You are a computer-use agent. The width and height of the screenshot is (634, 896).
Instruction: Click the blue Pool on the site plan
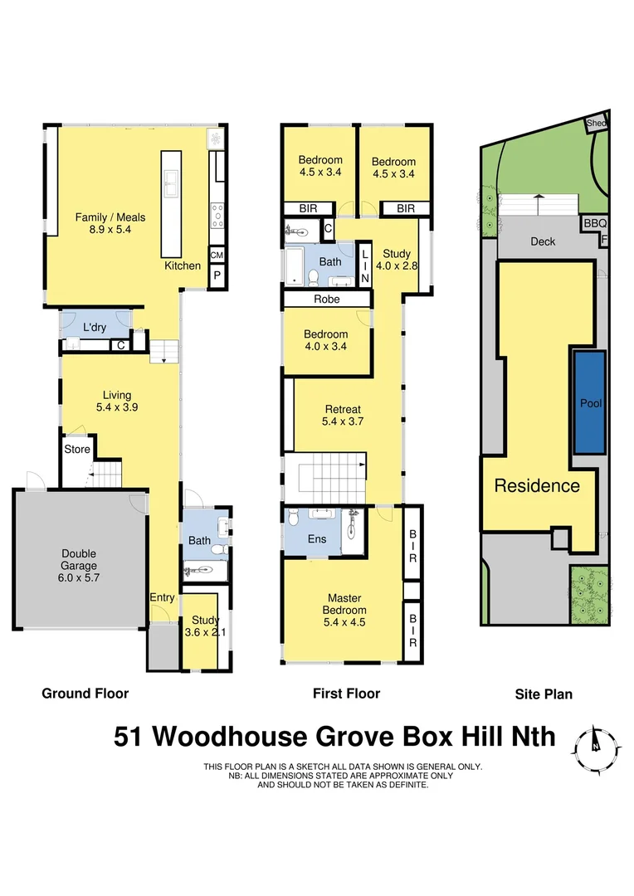pos(588,402)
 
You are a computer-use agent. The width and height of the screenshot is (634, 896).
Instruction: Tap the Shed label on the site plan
pos(596,123)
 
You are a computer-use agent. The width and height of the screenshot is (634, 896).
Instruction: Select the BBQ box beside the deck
pos(595,223)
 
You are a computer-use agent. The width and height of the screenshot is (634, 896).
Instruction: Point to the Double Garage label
pos(79,560)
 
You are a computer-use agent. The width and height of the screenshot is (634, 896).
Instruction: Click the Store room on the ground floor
pos(77,450)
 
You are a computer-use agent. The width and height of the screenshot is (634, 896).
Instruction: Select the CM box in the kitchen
pos(217,256)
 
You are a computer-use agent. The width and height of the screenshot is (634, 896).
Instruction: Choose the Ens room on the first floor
pos(317,538)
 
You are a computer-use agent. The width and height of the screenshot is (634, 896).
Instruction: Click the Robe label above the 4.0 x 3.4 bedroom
pos(325,299)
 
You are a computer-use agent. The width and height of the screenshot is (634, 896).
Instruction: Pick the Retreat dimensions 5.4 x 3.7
pos(343,421)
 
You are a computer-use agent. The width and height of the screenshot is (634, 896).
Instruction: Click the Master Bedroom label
pos(343,603)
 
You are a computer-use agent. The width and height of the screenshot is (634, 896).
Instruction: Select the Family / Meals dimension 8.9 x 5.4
pos(104,230)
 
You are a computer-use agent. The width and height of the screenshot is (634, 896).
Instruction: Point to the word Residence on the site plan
pos(536,486)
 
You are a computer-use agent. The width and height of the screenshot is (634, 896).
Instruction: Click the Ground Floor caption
pos(85,694)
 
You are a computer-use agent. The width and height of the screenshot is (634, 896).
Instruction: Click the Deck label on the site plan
pos(543,241)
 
